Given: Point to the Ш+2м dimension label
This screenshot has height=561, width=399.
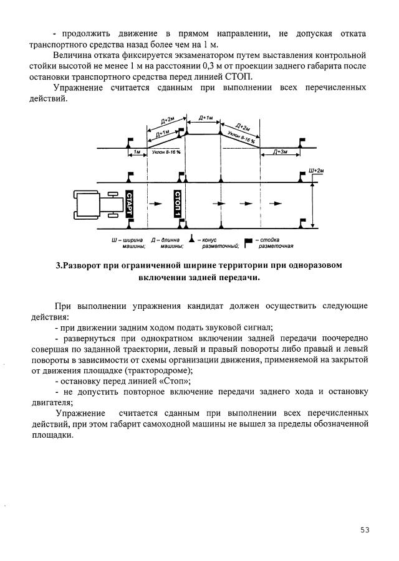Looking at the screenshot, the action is pos(317,170).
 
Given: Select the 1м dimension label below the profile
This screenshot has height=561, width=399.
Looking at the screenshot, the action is pos(137,151).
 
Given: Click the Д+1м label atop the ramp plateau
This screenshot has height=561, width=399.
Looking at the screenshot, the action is pos(205,118).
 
